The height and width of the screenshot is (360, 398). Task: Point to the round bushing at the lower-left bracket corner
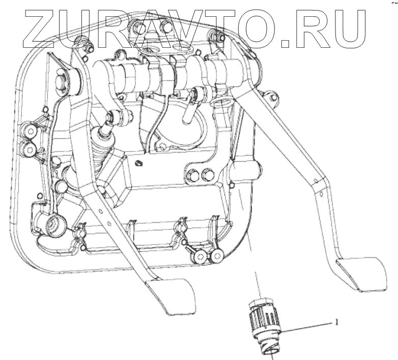click(x=53, y=224)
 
